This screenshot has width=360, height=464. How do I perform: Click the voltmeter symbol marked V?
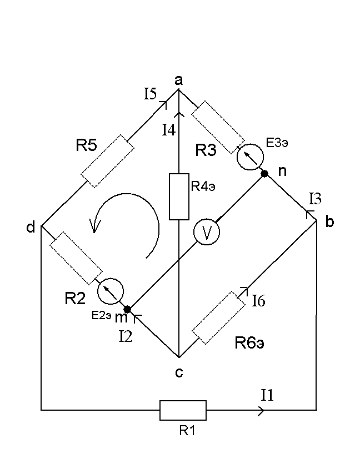[x=207, y=233]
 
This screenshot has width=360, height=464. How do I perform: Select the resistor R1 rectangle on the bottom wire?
[x=183, y=411]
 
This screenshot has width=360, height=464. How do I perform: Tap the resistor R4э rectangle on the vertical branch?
[x=179, y=196]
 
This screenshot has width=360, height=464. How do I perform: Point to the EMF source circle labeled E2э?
[x=110, y=290]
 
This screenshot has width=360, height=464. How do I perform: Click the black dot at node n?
[x=264, y=174]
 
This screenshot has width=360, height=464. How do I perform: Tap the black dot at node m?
[x=127, y=309]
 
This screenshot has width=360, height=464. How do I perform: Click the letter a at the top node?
[x=179, y=81]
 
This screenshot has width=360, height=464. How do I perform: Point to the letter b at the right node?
[x=329, y=223]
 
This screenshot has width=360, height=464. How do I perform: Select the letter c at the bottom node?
[x=179, y=372]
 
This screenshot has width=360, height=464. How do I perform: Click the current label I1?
[x=268, y=395]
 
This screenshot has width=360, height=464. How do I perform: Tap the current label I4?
[x=169, y=130]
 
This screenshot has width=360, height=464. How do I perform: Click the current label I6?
[x=259, y=301]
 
